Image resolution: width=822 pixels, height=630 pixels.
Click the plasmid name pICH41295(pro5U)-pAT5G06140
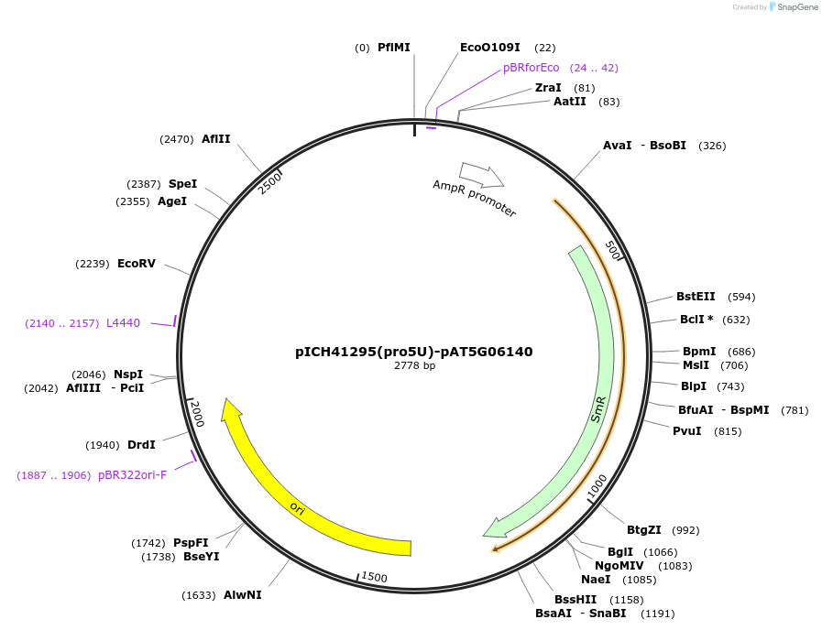[413, 352]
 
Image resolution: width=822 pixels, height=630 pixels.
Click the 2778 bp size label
[414, 365]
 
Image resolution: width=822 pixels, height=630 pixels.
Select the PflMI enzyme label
[394, 48]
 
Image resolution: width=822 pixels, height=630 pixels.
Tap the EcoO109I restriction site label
[489, 48]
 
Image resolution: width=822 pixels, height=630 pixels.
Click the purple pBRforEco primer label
[531, 68]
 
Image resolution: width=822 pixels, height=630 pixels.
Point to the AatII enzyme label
[569, 102]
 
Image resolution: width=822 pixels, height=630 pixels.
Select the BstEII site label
[696, 297]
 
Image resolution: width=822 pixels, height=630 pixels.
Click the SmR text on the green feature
[598, 408]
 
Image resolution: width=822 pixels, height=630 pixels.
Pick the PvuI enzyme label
[687, 431]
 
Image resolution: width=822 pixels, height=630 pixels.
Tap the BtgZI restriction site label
[643, 530]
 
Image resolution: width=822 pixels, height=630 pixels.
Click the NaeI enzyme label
[596, 580]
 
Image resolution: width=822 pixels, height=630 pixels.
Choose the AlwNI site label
[243, 595]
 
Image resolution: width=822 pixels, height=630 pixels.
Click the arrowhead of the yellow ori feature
[232, 409]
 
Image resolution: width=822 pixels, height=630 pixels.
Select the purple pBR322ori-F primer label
[132, 475]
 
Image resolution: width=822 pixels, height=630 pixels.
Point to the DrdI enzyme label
[141, 445]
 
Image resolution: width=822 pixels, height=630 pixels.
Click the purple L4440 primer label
[123, 323]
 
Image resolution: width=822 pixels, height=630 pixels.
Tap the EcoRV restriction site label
[137, 264]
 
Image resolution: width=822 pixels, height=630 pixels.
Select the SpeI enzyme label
[182, 184]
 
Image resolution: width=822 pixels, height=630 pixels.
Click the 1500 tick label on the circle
[374, 577]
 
